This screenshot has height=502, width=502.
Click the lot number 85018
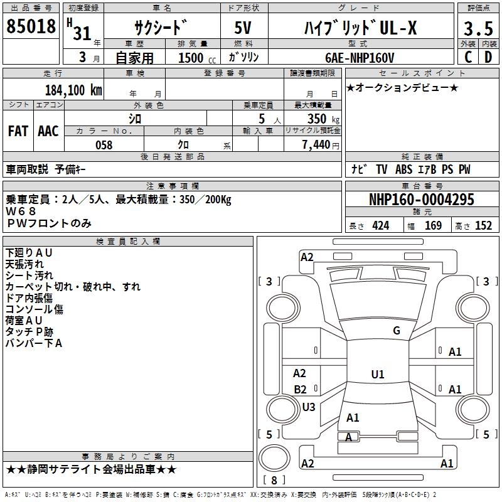(x=31, y=26)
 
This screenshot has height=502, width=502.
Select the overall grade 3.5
(x=478, y=28)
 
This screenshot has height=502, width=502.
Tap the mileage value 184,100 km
(x=73, y=90)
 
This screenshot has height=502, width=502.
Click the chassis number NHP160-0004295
(x=421, y=199)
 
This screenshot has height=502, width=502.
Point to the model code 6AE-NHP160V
(x=360, y=58)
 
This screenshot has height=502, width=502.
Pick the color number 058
(x=104, y=145)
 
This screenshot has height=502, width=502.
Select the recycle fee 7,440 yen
(x=320, y=145)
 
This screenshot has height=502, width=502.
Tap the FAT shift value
(x=18, y=131)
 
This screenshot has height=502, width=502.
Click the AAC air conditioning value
(x=48, y=131)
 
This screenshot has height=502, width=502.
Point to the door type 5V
(x=243, y=28)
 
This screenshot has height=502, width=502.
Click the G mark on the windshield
(x=397, y=331)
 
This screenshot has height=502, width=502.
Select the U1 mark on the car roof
(x=378, y=374)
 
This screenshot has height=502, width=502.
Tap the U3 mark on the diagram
(x=309, y=407)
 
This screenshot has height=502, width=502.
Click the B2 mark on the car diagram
(x=301, y=389)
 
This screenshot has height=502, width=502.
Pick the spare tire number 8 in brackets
(x=274, y=480)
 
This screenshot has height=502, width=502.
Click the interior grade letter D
(x=488, y=57)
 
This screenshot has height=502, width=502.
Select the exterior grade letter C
(x=468, y=57)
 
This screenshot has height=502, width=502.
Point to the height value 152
(x=483, y=225)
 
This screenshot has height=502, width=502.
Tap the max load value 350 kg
(x=323, y=119)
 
